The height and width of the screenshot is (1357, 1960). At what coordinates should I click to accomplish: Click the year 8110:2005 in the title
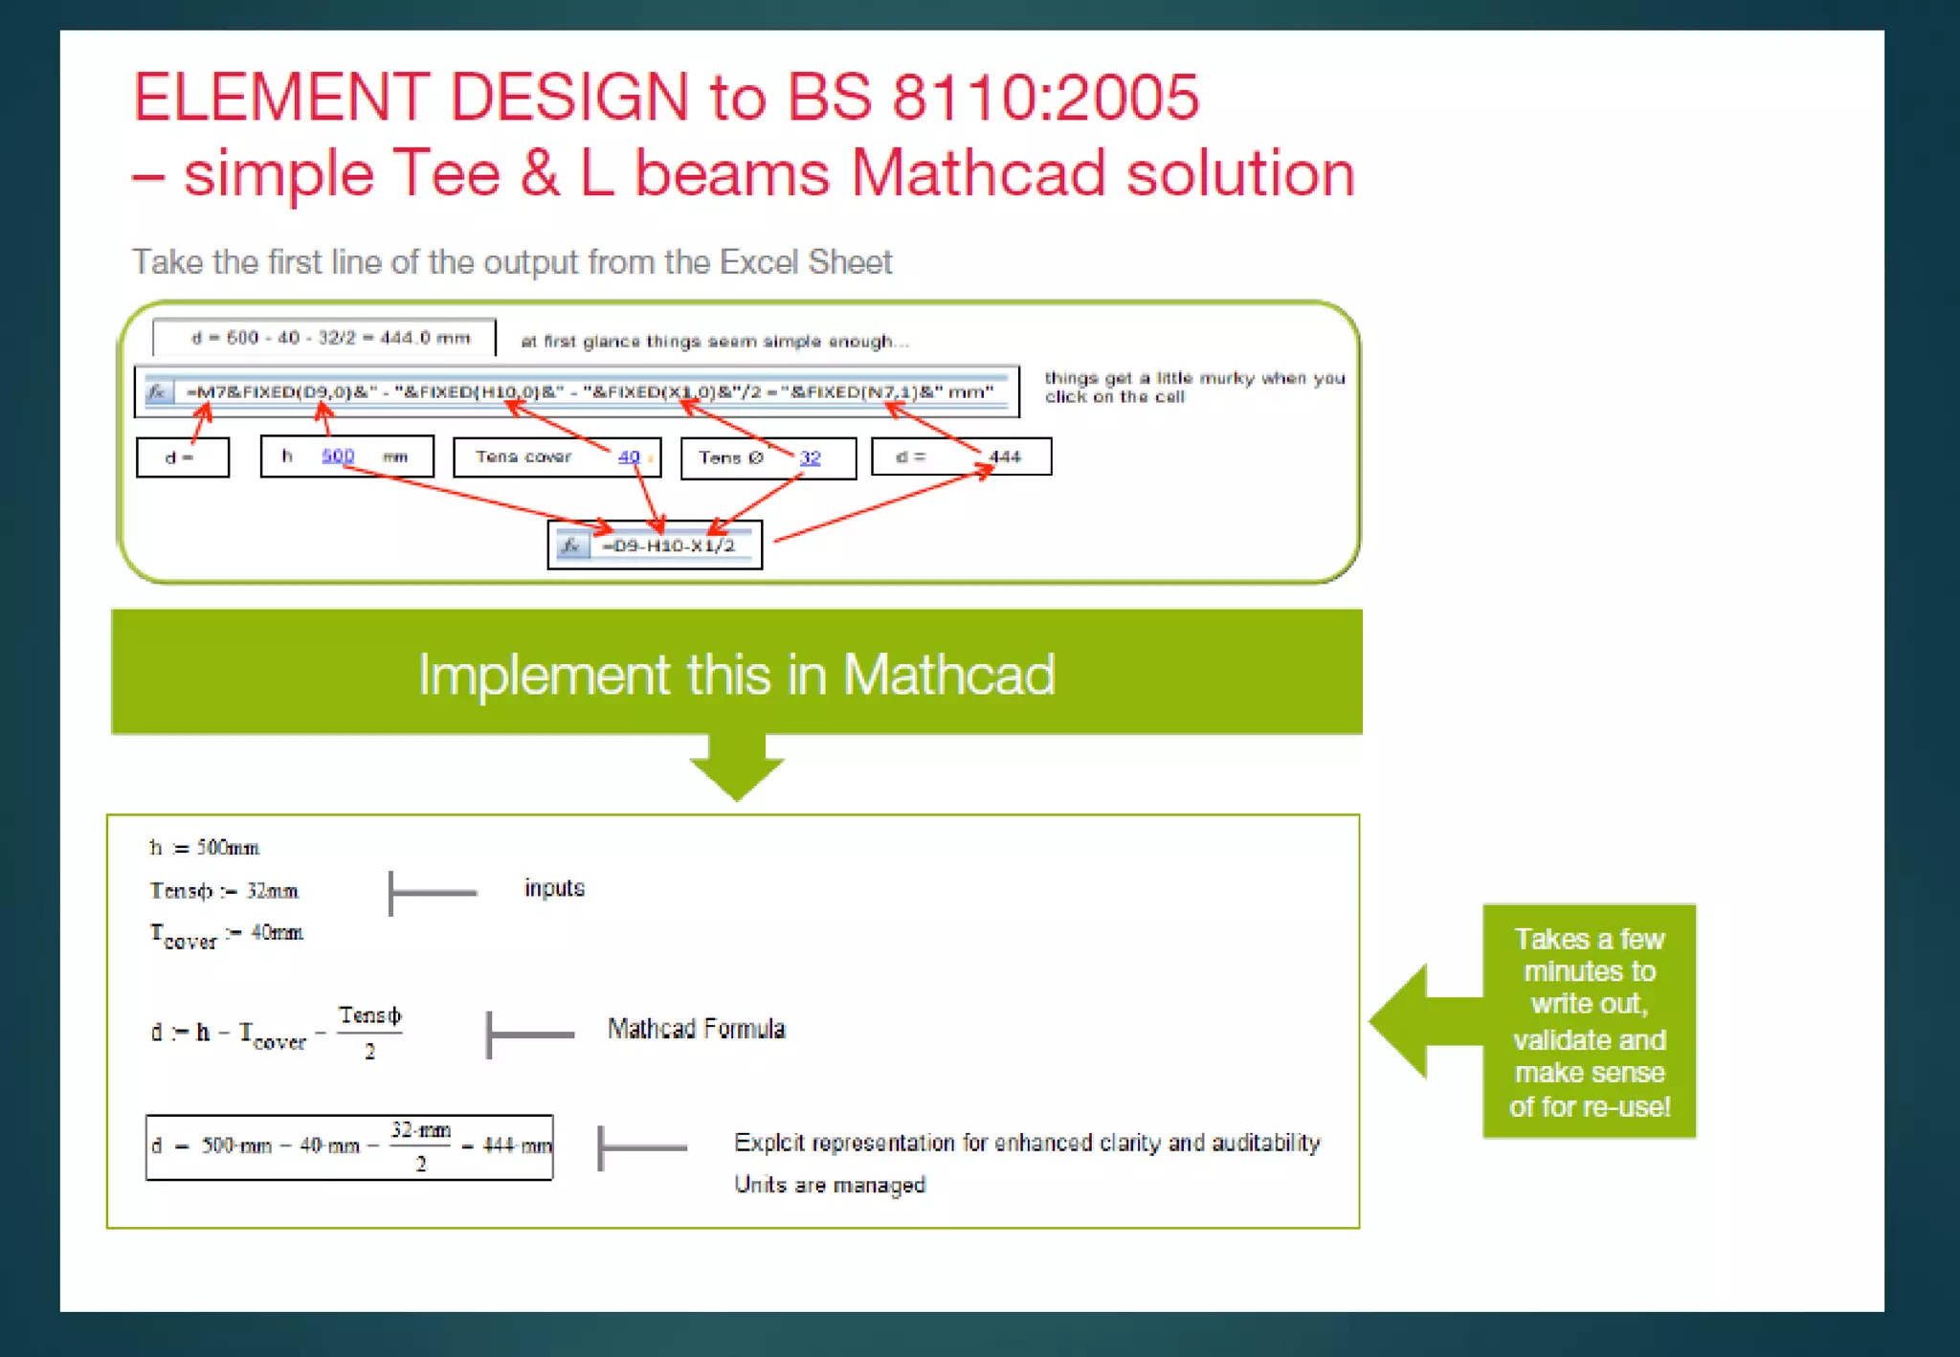tap(1045, 98)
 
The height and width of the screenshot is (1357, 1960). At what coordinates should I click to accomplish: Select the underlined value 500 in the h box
tap(338, 456)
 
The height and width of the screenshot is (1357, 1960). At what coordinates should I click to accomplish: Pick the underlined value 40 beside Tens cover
tap(629, 456)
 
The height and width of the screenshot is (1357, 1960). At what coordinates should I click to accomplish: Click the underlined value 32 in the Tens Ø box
tap(810, 457)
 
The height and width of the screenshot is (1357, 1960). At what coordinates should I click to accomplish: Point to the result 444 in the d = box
tap(1005, 456)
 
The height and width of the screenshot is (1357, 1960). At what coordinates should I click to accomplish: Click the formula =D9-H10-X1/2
tap(668, 545)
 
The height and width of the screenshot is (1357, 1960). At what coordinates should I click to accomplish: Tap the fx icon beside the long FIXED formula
tap(158, 391)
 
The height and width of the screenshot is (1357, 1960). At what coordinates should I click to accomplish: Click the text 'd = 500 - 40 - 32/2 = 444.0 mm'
tap(330, 338)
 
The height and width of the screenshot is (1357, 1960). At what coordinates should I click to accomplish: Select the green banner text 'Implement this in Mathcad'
tap(736, 674)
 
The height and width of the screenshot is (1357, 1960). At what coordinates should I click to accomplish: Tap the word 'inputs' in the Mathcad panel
tap(554, 888)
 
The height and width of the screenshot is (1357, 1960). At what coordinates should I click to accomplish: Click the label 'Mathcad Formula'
tap(696, 1029)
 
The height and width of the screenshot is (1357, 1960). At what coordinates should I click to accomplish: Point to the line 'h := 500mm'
tap(204, 848)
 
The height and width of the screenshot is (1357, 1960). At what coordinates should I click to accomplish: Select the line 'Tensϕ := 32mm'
tap(224, 891)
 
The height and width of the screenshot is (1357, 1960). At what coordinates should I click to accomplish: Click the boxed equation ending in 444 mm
tap(349, 1146)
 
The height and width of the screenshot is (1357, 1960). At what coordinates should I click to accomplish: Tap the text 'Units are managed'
tap(829, 1185)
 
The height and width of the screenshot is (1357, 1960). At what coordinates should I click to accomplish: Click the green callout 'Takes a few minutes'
tap(1589, 1021)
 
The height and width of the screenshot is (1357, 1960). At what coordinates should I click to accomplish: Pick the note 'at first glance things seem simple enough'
tap(714, 342)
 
